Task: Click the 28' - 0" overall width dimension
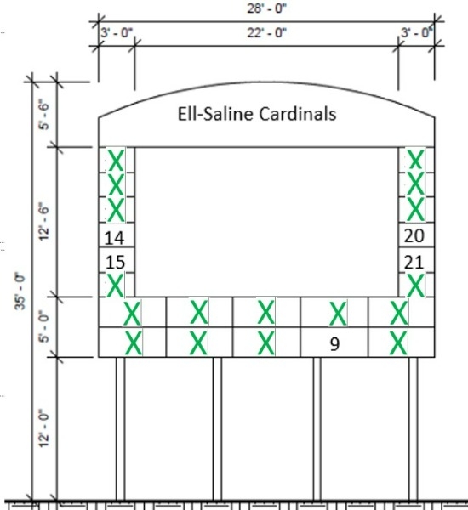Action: (x=266, y=8)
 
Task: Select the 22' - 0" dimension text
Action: (x=266, y=33)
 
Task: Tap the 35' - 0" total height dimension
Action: (x=20, y=292)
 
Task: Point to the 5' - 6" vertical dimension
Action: (x=44, y=116)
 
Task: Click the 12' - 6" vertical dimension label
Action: (x=44, y=222)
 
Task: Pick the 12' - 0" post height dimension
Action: (x=44, y=428)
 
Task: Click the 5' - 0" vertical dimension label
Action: (x=44, y=329)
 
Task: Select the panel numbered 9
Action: (x=334, y=343)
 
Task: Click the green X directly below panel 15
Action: (x=116, y=286)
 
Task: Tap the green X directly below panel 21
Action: (x=415, y=286)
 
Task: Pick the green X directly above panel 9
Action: (x=338, y=313)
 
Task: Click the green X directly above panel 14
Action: (x=116, y=210)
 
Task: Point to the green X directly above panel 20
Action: (x=415, y=210)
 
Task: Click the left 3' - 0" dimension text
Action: (x=117, y=33)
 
